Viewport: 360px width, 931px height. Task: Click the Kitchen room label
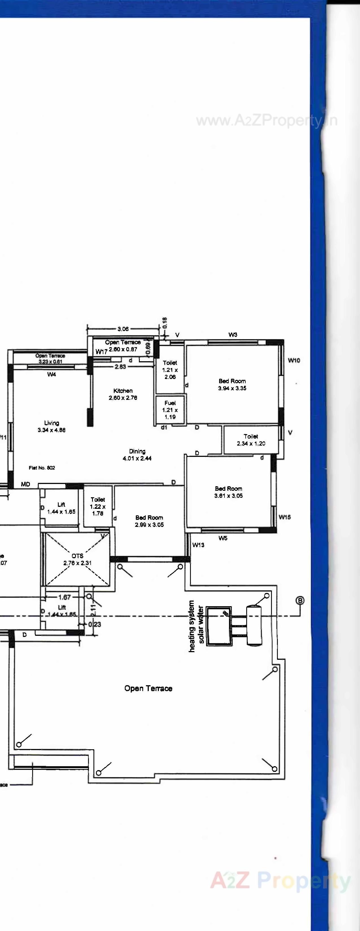(123, 394)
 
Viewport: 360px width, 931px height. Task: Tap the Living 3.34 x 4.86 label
(51, 426)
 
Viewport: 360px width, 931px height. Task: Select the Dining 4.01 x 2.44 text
(137, 455)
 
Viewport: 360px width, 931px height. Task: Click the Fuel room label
(170, 410)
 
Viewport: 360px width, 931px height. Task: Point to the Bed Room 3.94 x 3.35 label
(232, 385)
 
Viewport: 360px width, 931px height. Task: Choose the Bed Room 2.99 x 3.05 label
(149, 521)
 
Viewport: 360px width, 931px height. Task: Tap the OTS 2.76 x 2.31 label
(77, 559)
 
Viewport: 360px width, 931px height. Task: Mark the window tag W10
(294, 360)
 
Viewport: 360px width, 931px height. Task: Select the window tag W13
(198, 545)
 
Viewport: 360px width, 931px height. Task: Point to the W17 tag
(101, 352)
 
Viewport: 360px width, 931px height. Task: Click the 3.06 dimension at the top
(123, 329)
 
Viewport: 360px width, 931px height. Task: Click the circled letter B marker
(300, 601)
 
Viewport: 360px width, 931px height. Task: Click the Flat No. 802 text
(42, 468)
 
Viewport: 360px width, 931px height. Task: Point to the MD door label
(25, 484)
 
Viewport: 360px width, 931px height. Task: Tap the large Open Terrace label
(148, 688)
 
